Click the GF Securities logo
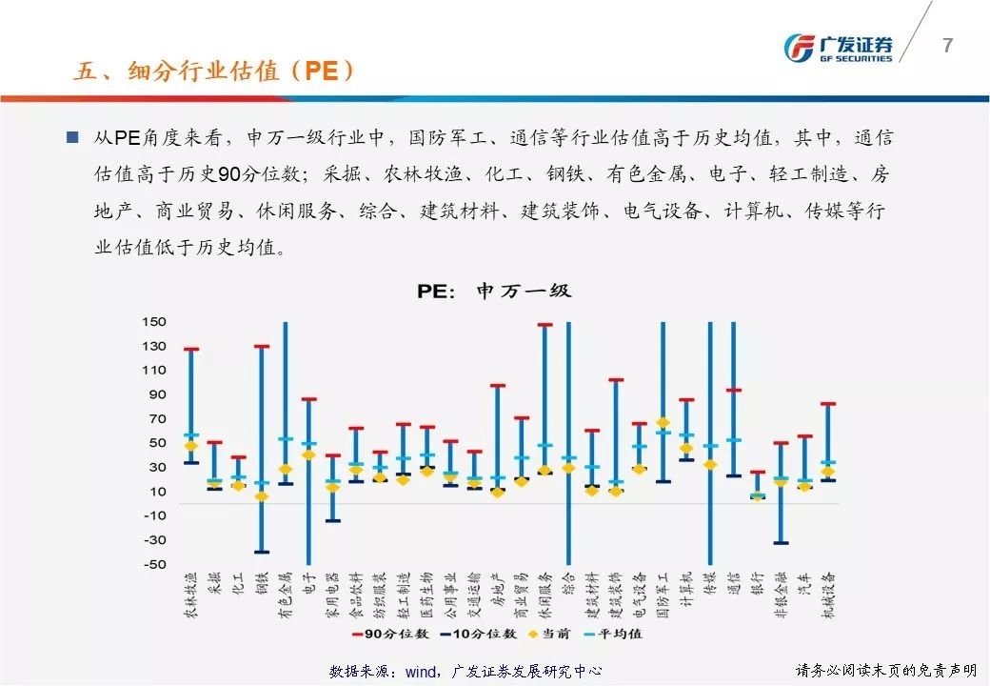(838, 48)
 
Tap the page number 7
(946, 45)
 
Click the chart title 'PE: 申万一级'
(494, 291)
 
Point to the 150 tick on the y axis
(153, 322)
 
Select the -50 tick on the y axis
(153, 564)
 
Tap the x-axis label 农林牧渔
(191, 595)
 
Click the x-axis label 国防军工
(663, 595)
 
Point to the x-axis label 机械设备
(828, 595)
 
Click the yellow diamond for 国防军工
(663, 422)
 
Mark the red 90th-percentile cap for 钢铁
(262, 347)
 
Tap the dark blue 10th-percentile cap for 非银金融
(781, 543)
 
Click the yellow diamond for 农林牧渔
(191, 445)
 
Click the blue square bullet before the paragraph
(72, 137)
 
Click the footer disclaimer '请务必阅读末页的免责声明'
(885, 671)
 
